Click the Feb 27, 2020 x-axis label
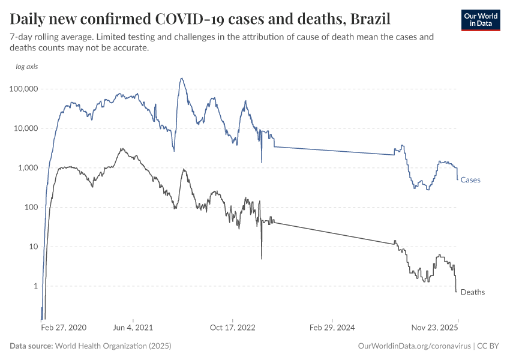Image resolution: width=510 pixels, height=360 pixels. pyautogui.click(x=64, y=328)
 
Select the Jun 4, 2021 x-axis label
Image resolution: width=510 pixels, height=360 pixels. pyautogui.click(x=133, y=328)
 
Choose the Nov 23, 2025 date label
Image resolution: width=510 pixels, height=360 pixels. pyautogui.click(x=434, y=328)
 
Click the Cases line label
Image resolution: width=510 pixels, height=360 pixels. pyautogui.click(x=470, y=179)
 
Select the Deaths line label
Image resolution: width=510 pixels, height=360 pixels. pyautogui.click(x=472, y=292)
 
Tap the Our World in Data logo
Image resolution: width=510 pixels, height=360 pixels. pyautogui.click(x=480, y=19)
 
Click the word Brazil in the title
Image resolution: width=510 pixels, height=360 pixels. pyautogui.click(x=369, y=19)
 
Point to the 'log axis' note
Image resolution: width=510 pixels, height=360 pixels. pyautogui.click(x=27, y=67)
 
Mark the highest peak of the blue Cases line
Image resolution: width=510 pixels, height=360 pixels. pyautogui.click(x=181, y=78)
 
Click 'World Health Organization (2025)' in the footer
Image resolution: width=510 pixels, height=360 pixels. pyautogui.click(x=113, y=346)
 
